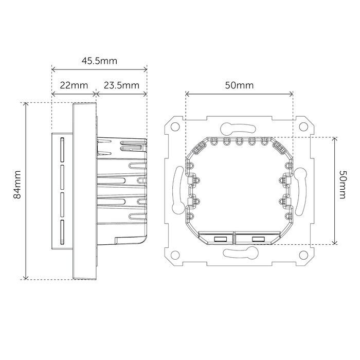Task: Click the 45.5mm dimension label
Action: (x=99, y=61)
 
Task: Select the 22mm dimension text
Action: (x=74, y=85)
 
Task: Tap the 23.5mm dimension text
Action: (x=121, y=85)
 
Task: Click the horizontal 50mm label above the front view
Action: (x=239, y=85)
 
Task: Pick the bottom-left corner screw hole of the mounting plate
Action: (x=175, y=255)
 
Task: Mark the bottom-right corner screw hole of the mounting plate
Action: (x=302, y=255)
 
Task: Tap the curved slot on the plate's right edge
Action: (x=301, y=190)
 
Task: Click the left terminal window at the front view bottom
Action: (x=219, y=238)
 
